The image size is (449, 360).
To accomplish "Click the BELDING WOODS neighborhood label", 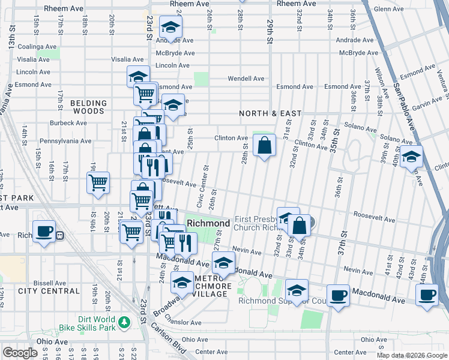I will tap(88, 107).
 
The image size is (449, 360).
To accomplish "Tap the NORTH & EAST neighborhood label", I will tap(269, 113).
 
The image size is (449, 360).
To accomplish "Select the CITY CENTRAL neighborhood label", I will tap(49, 291).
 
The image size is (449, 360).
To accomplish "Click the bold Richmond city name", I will tap(208, 223).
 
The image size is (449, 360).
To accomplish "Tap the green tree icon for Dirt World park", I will tap(124, 322).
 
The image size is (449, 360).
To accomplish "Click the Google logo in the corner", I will tap(20, 353).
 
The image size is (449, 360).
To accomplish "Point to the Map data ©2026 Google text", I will tap(412, 355).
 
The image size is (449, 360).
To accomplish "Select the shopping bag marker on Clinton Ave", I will tap(264, 145).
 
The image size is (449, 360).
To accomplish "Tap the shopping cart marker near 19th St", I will tap(98, 182).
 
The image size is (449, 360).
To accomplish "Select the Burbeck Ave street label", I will tap(68, 123).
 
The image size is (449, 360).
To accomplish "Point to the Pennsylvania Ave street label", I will tap(65, 142).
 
